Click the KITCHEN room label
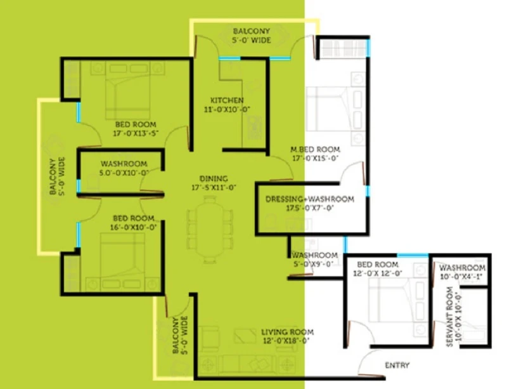227,100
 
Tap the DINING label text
214,178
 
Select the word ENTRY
397,366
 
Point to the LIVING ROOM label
288,332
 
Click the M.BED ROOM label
315,149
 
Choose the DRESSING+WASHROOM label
310,199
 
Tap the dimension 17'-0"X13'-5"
136,133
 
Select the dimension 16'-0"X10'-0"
134,227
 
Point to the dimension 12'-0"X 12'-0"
378,274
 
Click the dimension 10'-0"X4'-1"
461,277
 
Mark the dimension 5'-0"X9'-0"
312,264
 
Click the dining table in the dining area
210,229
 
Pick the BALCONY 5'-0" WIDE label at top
252,36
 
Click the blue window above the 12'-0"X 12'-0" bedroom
413,255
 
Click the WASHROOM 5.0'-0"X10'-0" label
124,168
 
